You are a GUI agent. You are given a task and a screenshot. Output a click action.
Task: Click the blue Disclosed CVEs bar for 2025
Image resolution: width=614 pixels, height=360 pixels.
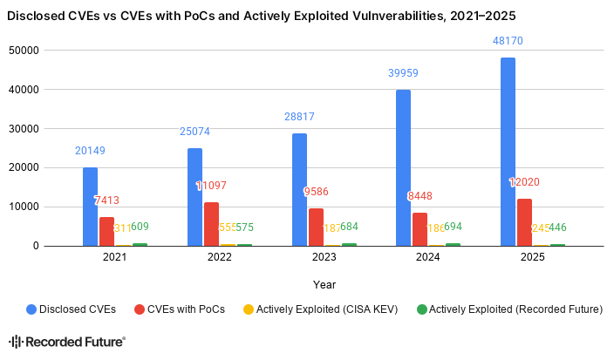508,152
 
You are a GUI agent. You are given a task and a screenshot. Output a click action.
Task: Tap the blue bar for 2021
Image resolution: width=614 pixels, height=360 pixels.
90,207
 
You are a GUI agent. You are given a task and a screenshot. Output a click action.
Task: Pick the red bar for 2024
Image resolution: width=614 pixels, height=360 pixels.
420,229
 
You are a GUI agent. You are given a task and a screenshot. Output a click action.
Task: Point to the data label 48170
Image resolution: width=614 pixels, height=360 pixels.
508,40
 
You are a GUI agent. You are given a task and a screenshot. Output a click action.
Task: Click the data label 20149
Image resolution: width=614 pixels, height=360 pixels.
90,151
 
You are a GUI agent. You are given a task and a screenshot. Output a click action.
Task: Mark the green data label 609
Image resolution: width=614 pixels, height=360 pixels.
140,227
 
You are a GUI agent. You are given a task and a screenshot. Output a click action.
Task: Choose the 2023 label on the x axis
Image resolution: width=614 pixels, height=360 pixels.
324,258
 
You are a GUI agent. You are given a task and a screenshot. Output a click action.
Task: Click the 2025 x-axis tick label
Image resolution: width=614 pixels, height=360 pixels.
532,258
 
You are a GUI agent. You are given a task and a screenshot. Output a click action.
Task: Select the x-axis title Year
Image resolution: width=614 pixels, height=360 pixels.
324,284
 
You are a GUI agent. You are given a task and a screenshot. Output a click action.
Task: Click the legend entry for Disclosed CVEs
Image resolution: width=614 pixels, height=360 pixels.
78,309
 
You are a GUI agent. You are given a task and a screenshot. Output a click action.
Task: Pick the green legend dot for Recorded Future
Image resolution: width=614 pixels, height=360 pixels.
422,309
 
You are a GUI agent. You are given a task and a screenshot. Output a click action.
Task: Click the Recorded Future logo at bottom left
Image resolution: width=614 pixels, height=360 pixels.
67,343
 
